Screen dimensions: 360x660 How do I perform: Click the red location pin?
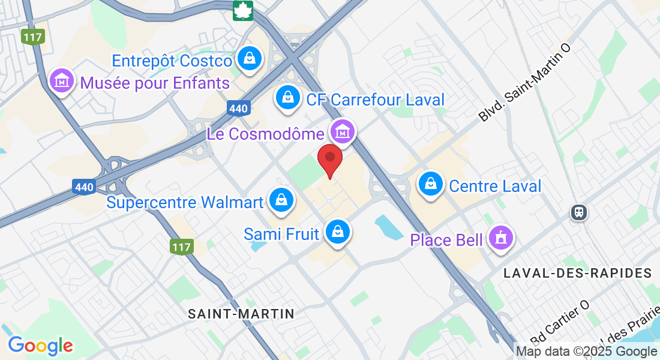(x=329, y=158)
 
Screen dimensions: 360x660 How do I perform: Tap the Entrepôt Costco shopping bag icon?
(x=248, y=58)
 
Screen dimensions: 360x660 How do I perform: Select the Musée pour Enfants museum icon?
(x=62, y=80)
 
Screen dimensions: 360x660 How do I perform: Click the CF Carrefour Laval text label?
(x=376, y=99)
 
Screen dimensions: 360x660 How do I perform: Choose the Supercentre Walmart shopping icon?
(x=281, y=200)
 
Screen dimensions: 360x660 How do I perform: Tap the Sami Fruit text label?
(x=281, y=233)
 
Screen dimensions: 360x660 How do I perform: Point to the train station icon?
(x=579, y=212)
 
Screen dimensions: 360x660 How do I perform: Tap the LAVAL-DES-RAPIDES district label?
(x=578, y=273)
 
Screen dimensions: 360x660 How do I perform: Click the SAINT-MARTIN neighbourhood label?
(x=241, y=313)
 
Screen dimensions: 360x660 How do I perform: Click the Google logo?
(x=40, y=345)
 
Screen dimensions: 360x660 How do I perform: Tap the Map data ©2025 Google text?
(x=587, y=352)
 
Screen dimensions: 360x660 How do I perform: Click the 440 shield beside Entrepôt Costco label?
(x=238, y=109)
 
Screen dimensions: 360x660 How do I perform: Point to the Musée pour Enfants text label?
(x=155, y=83)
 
